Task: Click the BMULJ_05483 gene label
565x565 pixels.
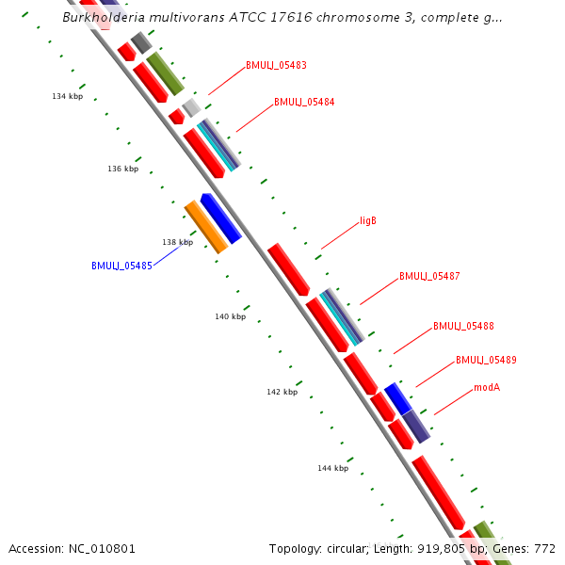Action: coord(276,66)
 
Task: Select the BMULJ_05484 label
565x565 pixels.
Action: coord(304,102)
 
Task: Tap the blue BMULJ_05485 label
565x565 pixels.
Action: coord(121,266)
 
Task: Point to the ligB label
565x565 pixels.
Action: coord(368,221)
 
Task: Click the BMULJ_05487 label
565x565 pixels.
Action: coord(429,277)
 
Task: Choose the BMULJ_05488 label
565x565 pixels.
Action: coord(463,327)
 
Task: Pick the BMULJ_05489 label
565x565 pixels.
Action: coord(486,360)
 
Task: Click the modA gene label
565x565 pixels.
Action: coord(487,387)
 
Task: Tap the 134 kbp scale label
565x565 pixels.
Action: coord(67,97)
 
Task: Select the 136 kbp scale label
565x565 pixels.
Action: coord(122,169)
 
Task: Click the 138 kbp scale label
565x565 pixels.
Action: coord(177,243)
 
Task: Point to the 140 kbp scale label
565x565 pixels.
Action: coord(230,317)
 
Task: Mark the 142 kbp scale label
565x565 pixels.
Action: coord(282,393)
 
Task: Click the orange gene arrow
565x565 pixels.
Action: coord(205,226)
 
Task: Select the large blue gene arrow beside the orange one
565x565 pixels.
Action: coord(221,218)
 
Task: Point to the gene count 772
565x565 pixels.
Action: coord(545,548)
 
